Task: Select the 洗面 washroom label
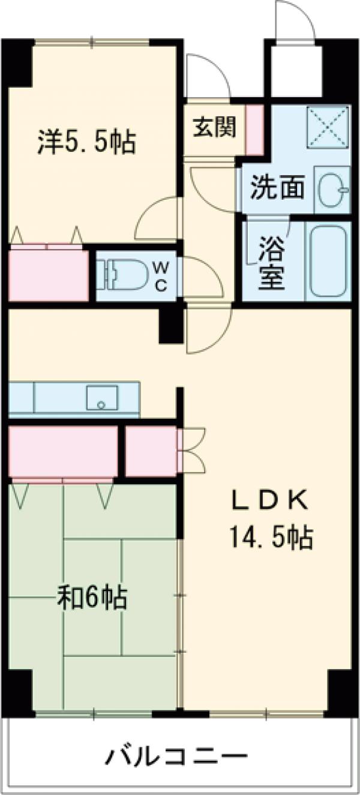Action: [277, 188]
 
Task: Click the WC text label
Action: [161, 275]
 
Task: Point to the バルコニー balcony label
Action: [176, 757]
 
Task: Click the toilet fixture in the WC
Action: [124, 275]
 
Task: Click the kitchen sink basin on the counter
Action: [101, 397]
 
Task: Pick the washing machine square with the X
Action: [328, 125]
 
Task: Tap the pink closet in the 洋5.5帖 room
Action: [48, 275]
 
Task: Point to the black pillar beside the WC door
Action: [171, 324]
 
